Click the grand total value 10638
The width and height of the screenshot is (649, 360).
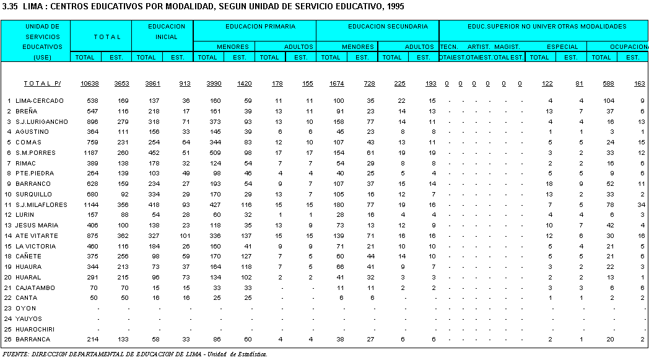point(89,84)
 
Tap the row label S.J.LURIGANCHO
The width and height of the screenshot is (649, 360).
point(41,121)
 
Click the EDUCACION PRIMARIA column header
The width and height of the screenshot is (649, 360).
point(260,27)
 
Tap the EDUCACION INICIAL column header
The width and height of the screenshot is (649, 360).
point(167,32)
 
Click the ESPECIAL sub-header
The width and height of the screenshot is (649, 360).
point(562,46)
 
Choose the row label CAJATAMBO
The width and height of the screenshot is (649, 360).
point(35,288)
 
